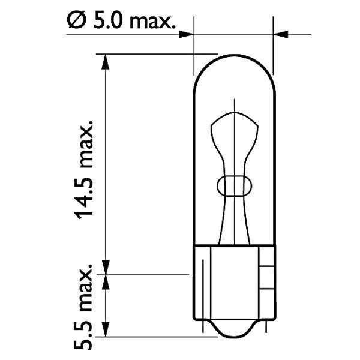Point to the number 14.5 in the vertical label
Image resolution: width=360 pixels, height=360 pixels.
pos(86,197)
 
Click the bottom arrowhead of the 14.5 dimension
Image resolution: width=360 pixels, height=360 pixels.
pos(106,268)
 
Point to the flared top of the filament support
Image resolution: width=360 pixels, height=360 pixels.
pos(233,126)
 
